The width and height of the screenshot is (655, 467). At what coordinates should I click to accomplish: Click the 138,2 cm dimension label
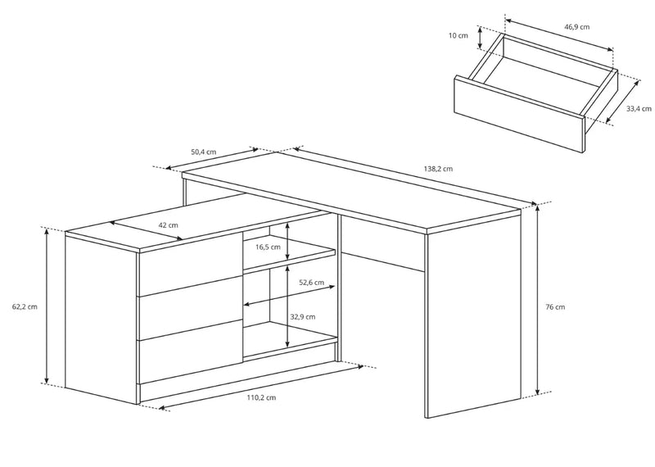tap(438, 169)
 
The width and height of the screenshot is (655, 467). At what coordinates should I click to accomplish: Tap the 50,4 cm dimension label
tap(204, 152)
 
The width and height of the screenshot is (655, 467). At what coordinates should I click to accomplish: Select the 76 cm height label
tap(555, 307)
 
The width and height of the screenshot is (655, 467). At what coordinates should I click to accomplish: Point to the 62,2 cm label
tap(25, 306)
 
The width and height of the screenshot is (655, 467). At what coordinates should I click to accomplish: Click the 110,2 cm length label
tap(261, 397)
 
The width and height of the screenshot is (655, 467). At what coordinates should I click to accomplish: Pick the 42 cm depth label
tap(169, 225)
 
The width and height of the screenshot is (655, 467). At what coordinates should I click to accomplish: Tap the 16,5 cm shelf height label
tap(268, 247)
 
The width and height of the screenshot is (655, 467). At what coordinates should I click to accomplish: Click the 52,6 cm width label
tap(312, 282)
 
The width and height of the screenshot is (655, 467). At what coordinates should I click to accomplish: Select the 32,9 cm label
tap(303, 316)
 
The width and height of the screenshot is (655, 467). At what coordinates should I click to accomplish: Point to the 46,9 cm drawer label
tap(577, 27)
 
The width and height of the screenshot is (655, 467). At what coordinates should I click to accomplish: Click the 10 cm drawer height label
tap(458, 35)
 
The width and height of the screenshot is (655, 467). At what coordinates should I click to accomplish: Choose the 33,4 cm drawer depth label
tap(639, 109)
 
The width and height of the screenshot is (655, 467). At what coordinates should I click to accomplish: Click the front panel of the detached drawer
tap(519, 114)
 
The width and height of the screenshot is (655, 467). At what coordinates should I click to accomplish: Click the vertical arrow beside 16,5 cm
tap(287, 240)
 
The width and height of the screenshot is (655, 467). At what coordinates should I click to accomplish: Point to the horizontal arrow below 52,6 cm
tap(289, 295)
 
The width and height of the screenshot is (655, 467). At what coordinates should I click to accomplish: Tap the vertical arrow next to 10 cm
tap(481, 37)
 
